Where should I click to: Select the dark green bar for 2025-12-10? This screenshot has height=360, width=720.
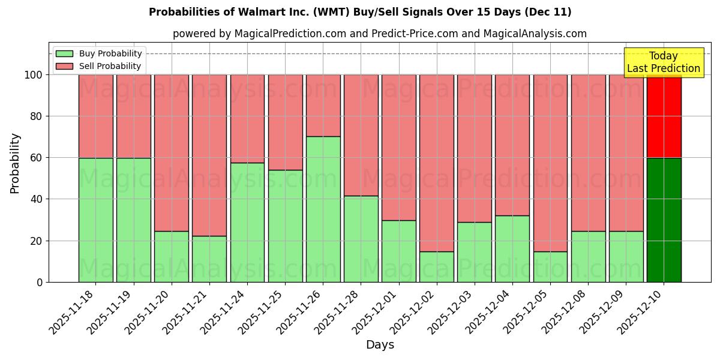click(x=664, y=220)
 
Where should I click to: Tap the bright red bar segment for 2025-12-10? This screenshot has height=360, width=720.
click(x=664, y=116)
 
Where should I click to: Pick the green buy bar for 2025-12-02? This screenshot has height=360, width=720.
click(x=437, y=266)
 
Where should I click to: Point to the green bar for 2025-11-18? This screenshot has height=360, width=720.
click(x=95, y=220)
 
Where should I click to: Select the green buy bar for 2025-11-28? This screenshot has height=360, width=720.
click(x=361, y=239)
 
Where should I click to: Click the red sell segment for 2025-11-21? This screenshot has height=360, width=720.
click(x=209, y=155)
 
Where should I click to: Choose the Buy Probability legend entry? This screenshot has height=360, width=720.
click(x=99, y=53)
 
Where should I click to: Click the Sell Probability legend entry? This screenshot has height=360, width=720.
click(x=99, y=66)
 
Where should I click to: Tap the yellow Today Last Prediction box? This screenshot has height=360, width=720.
click(x=663, y=62)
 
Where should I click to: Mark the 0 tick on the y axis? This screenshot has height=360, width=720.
click(x=40, y=282)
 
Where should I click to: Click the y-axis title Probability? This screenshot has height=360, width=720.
click(x=15, y=163)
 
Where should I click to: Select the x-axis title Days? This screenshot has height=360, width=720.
click(x=380, y=345)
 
